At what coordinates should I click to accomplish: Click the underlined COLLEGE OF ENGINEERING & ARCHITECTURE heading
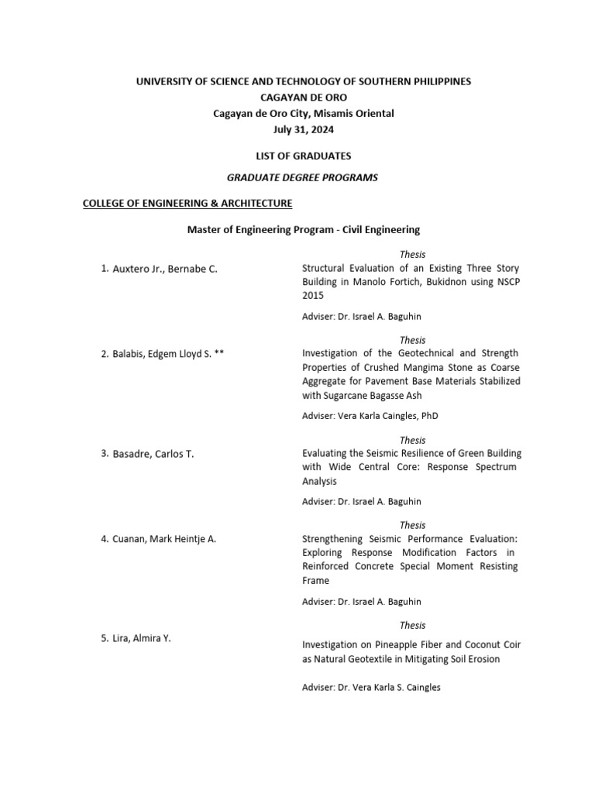[187, 204]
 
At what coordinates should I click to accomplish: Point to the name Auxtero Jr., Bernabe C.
[165, 269]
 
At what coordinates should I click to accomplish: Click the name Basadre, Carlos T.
[153, 454]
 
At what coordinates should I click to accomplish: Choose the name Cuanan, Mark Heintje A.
[163, 539]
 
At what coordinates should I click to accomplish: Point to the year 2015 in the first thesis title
[312, 295]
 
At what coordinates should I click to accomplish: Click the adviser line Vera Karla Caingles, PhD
[370, 416]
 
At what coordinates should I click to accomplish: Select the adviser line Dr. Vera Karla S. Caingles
[371, 687]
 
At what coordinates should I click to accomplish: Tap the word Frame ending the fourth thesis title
[315, 580]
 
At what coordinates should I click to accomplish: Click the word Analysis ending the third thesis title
[320, 481]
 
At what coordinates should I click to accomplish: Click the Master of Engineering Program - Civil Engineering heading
[303, 230]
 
